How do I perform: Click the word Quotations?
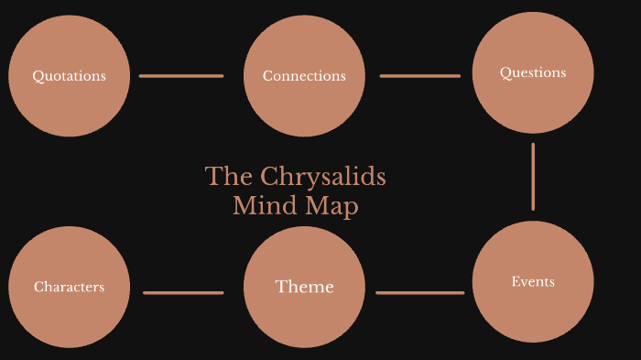point(69,76)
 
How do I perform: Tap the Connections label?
point(304,76)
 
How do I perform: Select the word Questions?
point(533,72)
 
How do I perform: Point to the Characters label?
point(69,287)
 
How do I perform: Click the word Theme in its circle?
point(304,288)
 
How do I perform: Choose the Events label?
point(533,281)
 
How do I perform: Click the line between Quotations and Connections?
point(181,76)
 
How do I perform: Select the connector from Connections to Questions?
point(419,76)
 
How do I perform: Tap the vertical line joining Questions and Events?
point(533,176)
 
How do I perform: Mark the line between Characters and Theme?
point(183,293)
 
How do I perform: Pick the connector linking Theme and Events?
point(419,293)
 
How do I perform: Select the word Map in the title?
point(336,207)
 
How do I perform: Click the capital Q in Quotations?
point(38,76)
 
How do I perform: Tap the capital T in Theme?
point(280,288)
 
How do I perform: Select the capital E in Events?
point(515,281)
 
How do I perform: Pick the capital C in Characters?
point(38,287)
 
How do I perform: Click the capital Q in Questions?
point(505,72)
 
